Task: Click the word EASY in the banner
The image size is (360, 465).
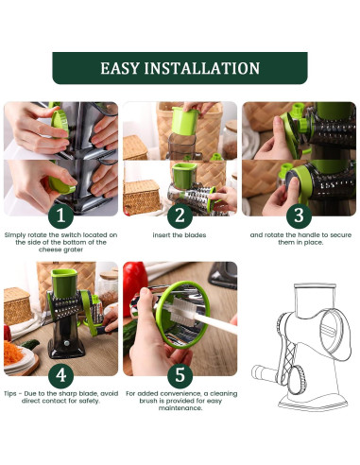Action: [120, 68]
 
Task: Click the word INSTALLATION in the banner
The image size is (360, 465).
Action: [202, 68]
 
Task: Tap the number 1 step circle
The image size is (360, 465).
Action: [60, 215]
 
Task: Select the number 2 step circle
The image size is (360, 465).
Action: [180, 215]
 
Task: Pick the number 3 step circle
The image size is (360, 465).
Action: [299, 215]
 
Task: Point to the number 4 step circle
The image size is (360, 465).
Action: [60, 375]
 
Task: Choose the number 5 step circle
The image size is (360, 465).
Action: [180, 375]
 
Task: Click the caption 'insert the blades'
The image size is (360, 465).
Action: [180, 235]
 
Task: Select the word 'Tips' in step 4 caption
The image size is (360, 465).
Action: [10, 393]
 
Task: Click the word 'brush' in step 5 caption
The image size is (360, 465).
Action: [148, 401]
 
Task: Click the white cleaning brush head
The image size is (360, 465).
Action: [180, 312]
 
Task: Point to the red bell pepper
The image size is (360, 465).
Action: [134, 285]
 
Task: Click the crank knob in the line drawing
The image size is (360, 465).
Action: [260, 372]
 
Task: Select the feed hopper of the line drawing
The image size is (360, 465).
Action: [315, 301]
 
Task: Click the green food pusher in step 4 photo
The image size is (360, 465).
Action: [64, 284]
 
